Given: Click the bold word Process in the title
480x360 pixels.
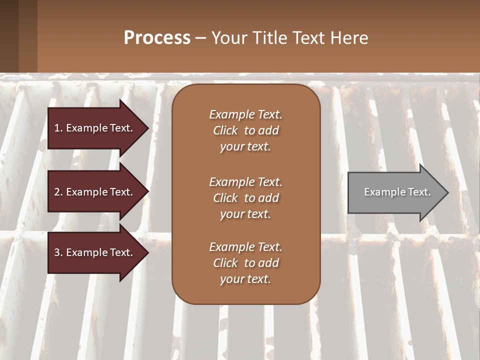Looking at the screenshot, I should tap(157, 38).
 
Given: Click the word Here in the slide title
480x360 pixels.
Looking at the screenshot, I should tap(349, 38).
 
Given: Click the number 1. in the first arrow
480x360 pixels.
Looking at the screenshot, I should tap(58, 128).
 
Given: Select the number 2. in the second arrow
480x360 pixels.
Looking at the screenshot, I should tap(58, 192).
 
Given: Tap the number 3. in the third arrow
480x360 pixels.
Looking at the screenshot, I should tap(58, 252).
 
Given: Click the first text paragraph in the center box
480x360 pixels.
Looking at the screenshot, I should tap(245, 130).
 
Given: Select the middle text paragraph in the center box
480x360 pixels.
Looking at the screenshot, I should tap(245, 198).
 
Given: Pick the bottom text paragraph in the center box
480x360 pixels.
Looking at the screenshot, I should tap(245, 263).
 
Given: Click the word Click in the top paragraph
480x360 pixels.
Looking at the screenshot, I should tap(225, 130).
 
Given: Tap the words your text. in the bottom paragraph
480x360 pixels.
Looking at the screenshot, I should tap(245, 279).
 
